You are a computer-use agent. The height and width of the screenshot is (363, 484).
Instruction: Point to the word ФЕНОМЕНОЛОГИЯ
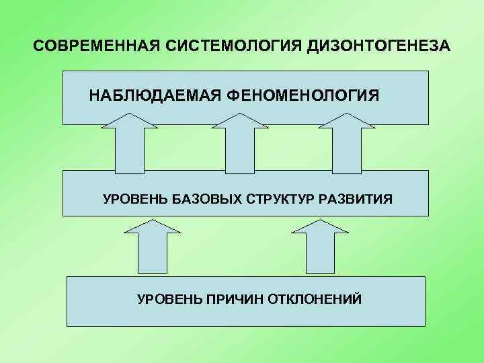click(x=302, y=95)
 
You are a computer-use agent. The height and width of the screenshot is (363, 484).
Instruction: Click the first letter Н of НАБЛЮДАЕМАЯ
click(x=95, y=95)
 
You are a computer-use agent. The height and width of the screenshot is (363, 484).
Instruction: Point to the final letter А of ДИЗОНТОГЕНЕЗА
click(x=446, y=48)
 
